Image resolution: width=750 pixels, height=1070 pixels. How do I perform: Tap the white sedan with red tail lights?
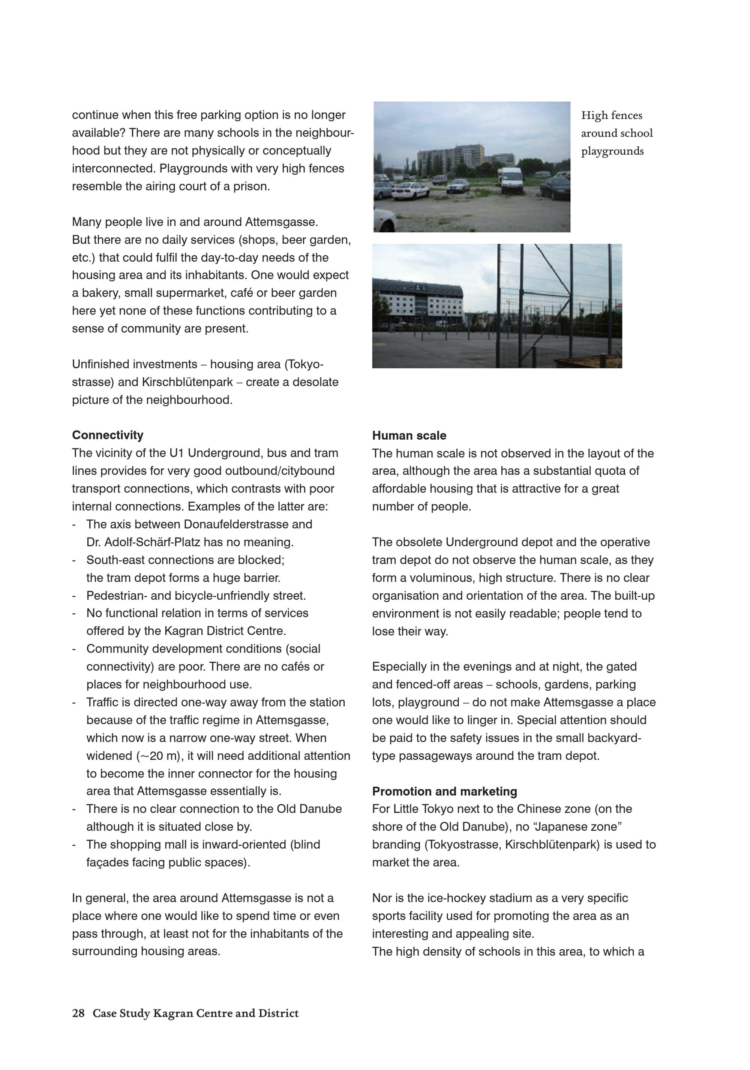410,190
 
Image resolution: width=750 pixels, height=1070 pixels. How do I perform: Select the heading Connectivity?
107,435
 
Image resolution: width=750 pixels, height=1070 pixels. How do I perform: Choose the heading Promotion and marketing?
444,791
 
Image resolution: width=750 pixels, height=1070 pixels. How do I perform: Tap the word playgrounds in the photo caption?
612,151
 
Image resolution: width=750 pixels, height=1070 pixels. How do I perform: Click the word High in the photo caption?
594,115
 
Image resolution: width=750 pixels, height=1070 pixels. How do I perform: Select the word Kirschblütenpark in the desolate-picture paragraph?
187,382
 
